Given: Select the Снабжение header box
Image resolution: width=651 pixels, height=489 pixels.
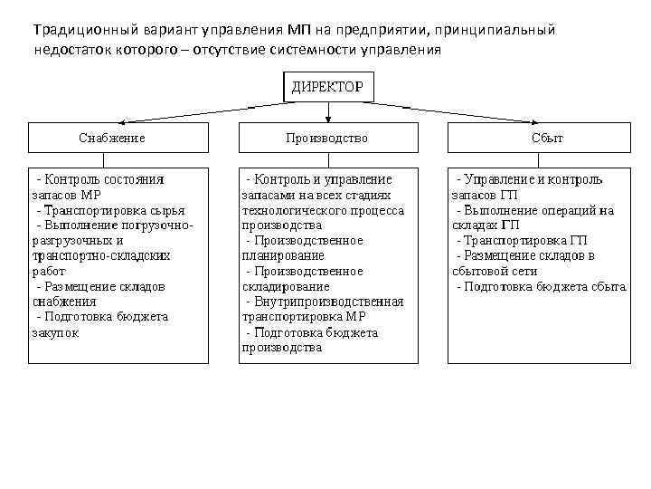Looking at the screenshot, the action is [x=112, y=138].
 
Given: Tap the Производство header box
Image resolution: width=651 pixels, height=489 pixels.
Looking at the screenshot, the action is [x=327, y=138].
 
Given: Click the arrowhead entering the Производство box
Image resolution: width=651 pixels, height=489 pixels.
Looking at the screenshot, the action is [x=328, y=120].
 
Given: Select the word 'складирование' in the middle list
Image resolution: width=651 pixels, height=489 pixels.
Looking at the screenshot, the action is [x=279, y=286].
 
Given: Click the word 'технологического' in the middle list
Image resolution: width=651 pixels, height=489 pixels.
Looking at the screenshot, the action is [x=287, y=210].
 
